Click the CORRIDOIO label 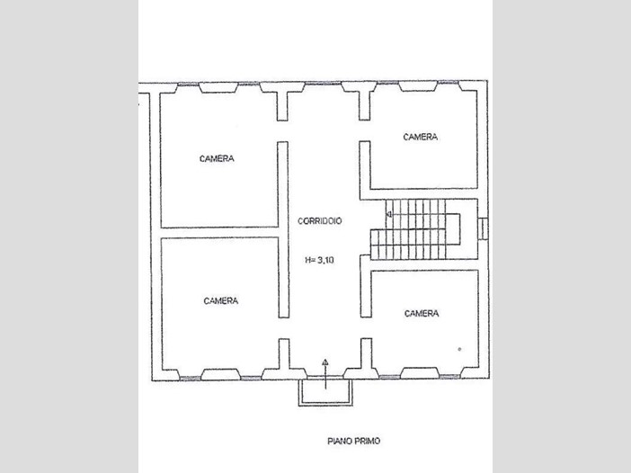tap(319, 220)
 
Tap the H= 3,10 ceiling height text tap(319, 260)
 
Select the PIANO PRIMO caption tap(354, 442)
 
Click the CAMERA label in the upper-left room tap(217, 158)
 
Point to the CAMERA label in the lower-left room tap(221, 300)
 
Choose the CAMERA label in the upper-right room tap(421, 137)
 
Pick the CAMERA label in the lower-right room tap(422, 313)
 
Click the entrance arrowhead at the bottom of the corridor tap(325, 361)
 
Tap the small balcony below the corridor tap(325, 392)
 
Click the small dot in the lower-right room tap(459, 349)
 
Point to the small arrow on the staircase tap(388, 215)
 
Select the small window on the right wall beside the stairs tap(484, 228)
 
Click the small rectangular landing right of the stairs tap(453, 228)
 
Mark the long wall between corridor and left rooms tap(283, 229)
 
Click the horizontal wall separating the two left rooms tap(219, 233)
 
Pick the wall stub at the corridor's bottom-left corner tap(284, 354)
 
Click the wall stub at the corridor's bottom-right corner tap(366, 353)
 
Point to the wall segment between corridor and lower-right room tap(366, 286)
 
